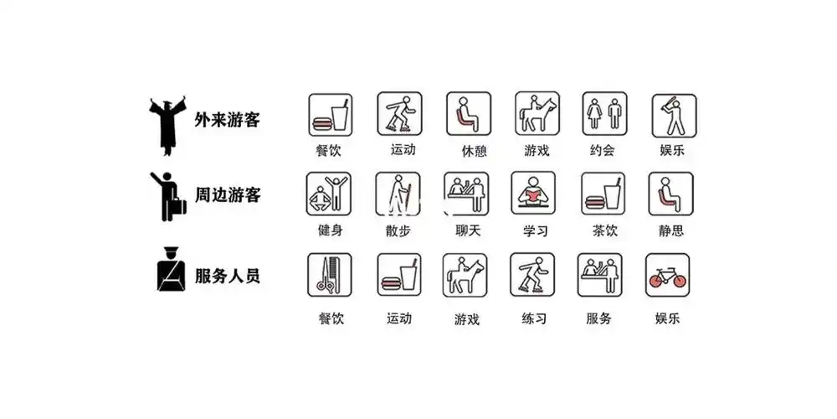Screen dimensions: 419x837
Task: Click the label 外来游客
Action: pos(228,120)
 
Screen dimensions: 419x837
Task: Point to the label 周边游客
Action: pos(228,196)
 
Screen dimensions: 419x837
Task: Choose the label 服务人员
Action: pos(228,275)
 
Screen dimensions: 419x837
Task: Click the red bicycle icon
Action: pos(667,275)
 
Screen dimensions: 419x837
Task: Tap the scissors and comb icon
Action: pos(329,275)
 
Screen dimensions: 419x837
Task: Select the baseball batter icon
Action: pos(674,115)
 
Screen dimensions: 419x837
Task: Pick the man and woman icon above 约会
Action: pos(604,114)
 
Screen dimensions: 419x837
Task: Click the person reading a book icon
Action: pos(534,194)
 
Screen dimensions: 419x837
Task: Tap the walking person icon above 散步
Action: pos(398,194)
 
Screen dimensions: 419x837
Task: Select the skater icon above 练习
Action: pos(532,275)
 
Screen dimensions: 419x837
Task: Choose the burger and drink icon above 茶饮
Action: pos(602,194)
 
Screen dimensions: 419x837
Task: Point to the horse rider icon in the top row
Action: pos(537,114)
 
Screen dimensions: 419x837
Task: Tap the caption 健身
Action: pos(330,230)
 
